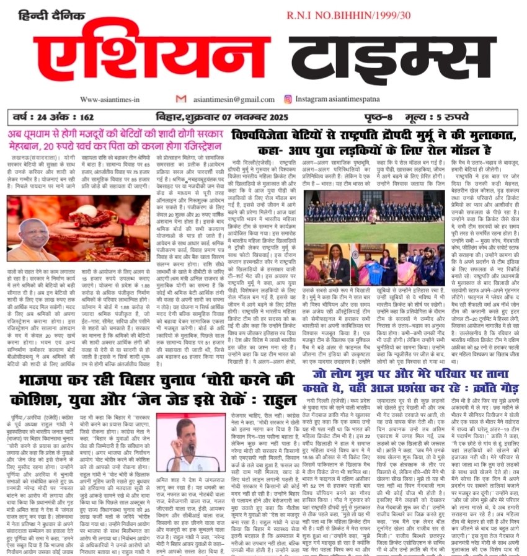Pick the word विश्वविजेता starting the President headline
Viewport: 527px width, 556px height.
click(x=263, y=135)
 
